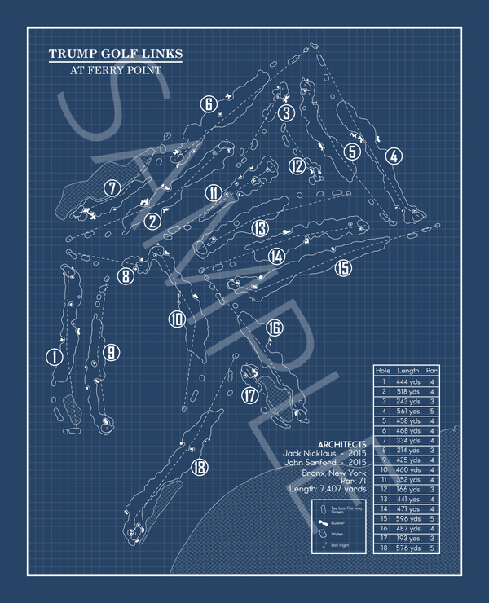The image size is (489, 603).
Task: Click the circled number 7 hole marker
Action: point(112,187)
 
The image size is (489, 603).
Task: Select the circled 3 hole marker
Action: point(285,113)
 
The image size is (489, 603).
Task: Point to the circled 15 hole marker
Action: point(343,267)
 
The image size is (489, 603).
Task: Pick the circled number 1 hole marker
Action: point(54,356)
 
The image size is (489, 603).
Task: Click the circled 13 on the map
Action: point(259,228)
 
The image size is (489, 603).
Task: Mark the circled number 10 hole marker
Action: point(177,319)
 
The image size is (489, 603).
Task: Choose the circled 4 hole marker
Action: point(394,156)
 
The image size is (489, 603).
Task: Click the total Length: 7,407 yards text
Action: point(328,490)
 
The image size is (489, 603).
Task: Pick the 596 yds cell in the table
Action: point(408,517)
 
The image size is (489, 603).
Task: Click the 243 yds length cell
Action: point(408,401)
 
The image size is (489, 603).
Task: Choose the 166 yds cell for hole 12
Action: point(408,488)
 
